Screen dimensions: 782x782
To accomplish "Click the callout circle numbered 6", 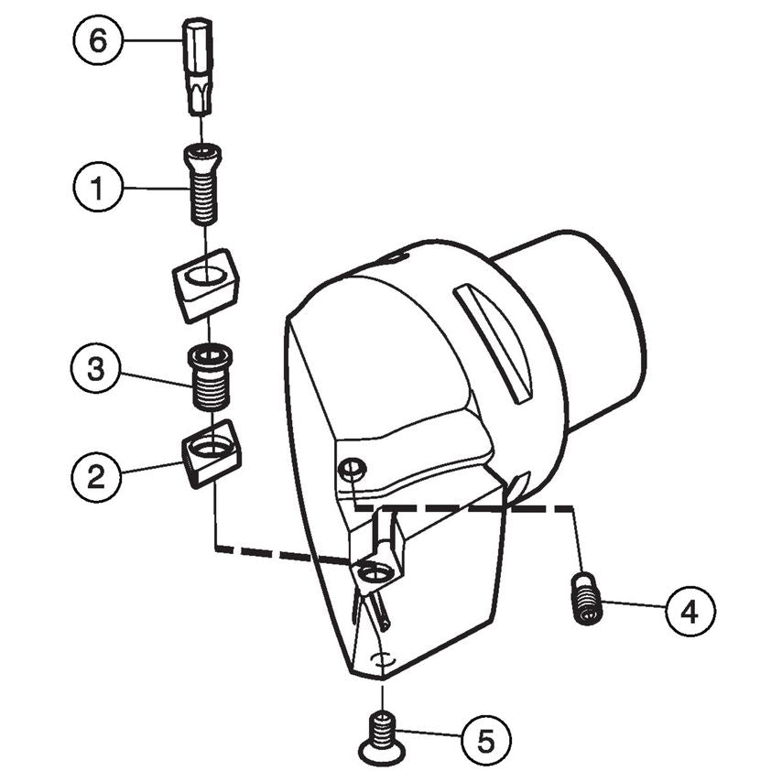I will tap(98, 41).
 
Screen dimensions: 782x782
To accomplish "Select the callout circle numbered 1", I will tap(98, 188).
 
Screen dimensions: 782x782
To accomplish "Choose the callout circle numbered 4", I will tap(690, 609).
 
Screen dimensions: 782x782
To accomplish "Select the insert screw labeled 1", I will tap(204, 186).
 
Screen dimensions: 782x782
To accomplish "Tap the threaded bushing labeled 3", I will tap(210, 377).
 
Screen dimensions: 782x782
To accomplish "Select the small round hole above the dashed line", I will tap(350, 470).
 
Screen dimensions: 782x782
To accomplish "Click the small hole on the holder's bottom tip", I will tap(384, 657).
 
